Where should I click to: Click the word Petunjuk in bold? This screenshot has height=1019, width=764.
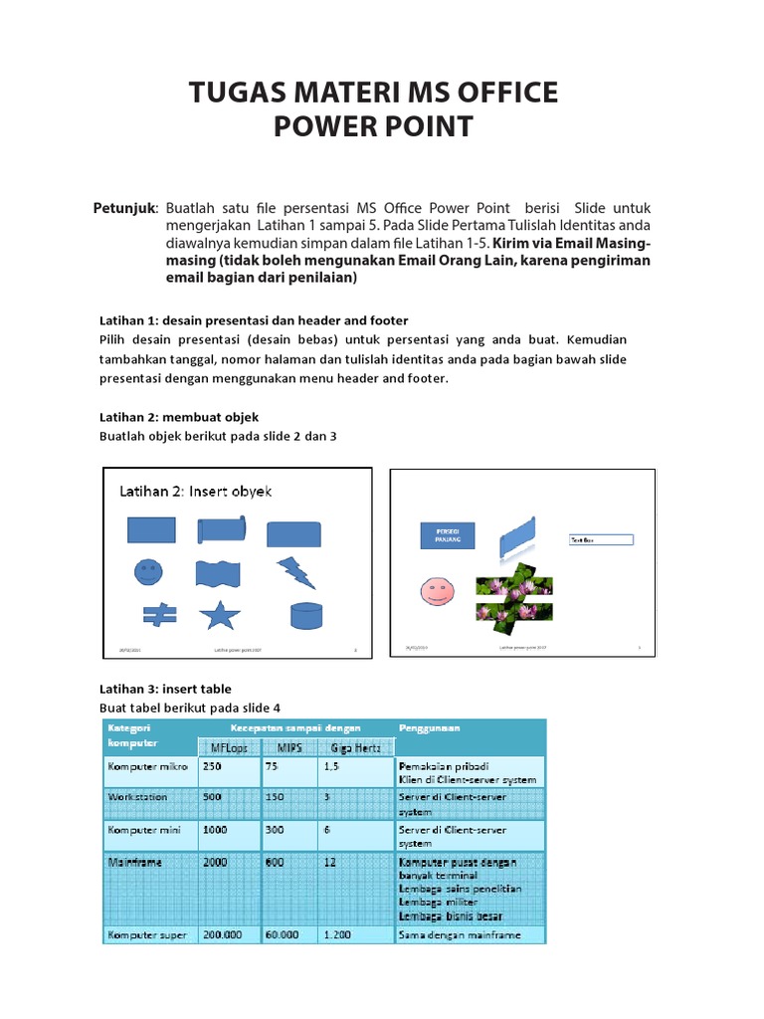pyautogui.click(x=124, y=208)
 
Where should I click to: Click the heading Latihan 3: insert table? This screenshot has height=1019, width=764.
pyautogui.click(x=165, y=689)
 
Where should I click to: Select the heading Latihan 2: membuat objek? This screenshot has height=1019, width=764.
pyautogui.click(x=179, y=417)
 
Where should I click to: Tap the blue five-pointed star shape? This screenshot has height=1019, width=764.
pyautogui.click(x=219, y=616)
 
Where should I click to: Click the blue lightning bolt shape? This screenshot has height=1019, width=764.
pyautogui.click(x=294, y=572)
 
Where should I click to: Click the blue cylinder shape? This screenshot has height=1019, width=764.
pyautogui.click(x=293, y=616)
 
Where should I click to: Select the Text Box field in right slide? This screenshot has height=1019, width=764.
pyautogui.click(x=600, y=540)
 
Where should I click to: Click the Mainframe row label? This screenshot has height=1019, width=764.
pyautogui.click(x=137, y=863)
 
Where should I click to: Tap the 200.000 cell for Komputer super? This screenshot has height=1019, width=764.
pyautogui.click(x=225, y=935)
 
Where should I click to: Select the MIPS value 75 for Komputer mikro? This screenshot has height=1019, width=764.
pyautogui.click(x=274, y=767)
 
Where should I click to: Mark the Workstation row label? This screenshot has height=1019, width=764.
pyautogui.click(x=137, y=797)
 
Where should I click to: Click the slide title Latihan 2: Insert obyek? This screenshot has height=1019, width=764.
pyautogui.click(x=196, y=491)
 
